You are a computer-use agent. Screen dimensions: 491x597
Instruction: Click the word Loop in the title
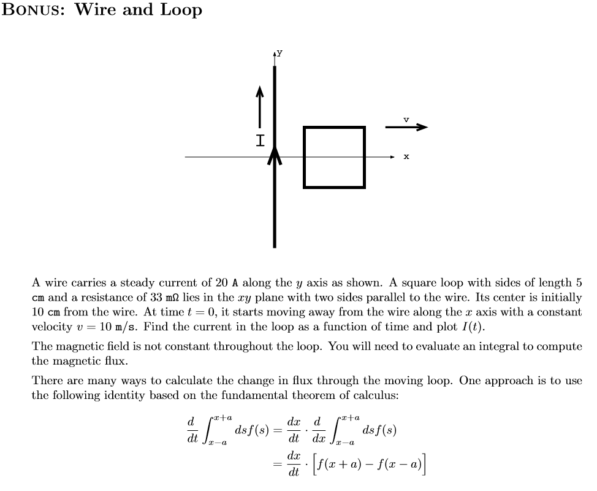[x=180, y=10]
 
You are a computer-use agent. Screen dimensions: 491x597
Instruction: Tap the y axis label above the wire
[x=279, y=53]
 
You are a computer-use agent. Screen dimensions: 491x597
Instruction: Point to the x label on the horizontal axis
[x=406, y=157]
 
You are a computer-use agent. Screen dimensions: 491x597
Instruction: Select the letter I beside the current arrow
[x=260, y=141]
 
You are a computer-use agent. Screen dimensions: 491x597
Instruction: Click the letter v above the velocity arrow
[x=406, y=118]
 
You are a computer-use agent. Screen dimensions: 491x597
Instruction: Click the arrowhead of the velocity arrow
[x=421, y=128]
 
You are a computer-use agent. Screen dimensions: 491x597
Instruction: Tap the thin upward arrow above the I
[x=260, y=107]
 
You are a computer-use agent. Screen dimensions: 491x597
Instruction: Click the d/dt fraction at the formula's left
[x=191, y=428]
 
